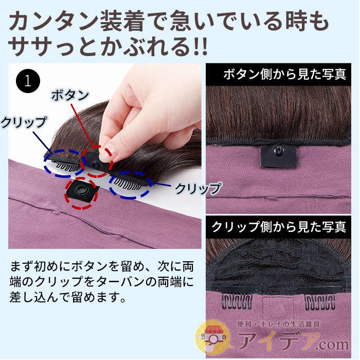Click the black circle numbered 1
tap(28, 81)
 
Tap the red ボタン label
tap(70, 95)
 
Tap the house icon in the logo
tap(211, 337)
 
